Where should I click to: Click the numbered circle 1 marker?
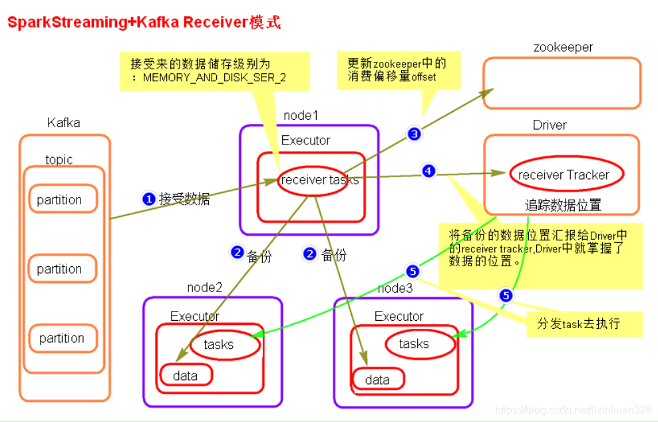point(149,198)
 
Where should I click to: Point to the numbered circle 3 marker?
point(414,134)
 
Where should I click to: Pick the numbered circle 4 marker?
point(428,172)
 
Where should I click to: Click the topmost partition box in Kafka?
point(59,200)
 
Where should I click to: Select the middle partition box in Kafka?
point(59,269)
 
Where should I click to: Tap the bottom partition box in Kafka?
point(61,338)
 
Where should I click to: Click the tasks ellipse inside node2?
point(219,344)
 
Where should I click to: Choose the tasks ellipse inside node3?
point(414,343)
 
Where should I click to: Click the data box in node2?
point(185,375)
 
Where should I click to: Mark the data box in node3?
point(377,379)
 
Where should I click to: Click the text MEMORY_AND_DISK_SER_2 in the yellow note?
point(214,78)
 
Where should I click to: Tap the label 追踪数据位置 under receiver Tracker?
point(563,205)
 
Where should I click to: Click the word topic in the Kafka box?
point(59,160)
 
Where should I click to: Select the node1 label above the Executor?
point(301,115)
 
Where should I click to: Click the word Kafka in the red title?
point(154,22)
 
